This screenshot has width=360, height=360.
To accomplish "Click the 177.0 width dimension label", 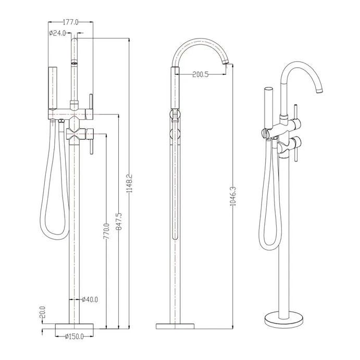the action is click(70, 22).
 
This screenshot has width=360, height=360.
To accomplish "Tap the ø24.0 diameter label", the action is click(57, 33).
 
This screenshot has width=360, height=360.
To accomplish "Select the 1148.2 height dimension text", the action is click(130, 183).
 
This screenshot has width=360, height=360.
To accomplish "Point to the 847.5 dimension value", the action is click(119, 221).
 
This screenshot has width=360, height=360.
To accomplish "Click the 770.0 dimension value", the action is click(106, 231).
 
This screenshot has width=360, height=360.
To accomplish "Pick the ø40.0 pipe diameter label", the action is click(90, 300).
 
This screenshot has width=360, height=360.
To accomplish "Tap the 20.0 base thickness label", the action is click(43, 312).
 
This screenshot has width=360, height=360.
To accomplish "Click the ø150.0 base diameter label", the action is click(74, 337).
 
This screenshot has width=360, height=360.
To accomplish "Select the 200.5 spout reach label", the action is click(201, 75).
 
